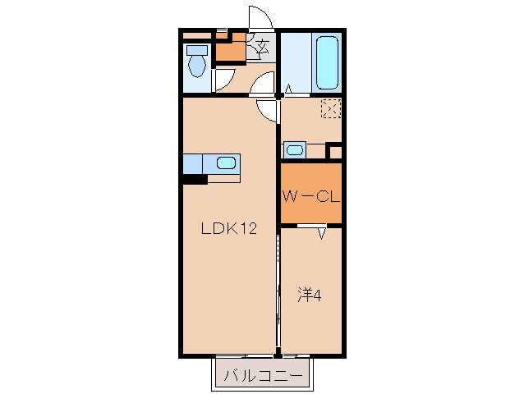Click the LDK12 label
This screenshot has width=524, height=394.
230,229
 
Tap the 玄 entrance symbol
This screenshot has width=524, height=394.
262,47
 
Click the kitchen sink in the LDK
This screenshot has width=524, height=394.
226,163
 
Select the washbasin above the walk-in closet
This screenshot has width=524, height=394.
293,150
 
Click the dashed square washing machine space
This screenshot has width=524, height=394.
330,108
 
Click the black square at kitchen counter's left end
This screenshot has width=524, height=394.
194,180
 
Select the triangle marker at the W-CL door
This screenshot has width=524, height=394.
323,233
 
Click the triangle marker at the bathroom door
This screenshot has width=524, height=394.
289,89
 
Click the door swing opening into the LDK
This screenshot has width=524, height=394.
266,110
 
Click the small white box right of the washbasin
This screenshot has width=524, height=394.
334,151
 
